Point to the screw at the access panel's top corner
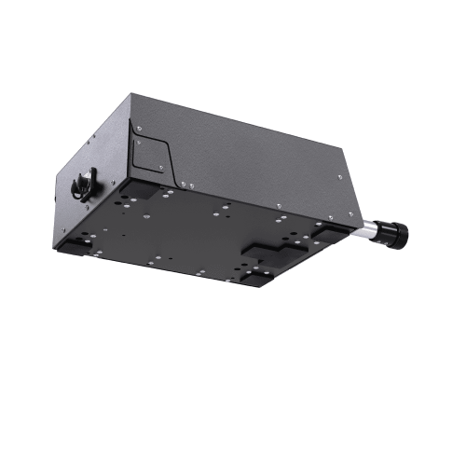pos(139,127)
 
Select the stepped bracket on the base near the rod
pos(270,249)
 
